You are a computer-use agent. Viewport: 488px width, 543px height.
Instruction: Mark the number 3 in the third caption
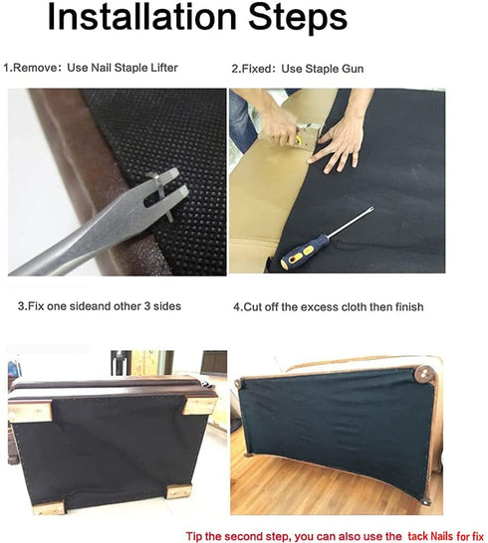22,307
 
